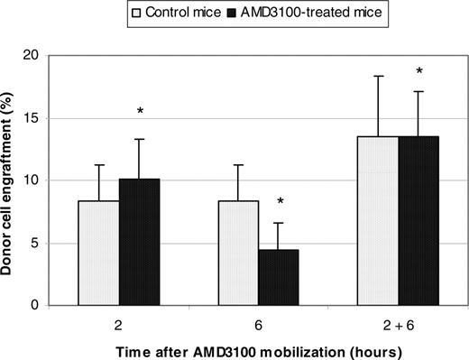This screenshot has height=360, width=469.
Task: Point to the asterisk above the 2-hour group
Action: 140,112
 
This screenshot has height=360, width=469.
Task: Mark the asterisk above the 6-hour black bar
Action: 281,201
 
